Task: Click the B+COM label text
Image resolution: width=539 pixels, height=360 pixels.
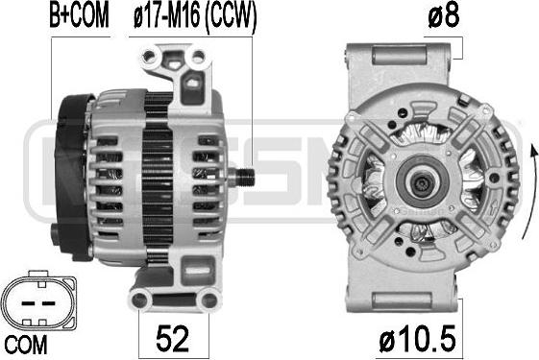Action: pyautogui.click(x=79, y=15)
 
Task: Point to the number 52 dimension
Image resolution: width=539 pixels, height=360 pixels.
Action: pyautogui.click(x=172, y=338)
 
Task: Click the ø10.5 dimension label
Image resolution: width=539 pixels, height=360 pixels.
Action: pyautogui.click(x=417, y=339)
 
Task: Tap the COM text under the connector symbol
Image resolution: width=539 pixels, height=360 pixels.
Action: pyautogui.click(x=25, y=345)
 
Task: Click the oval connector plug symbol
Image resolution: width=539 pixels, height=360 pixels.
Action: pyautogui.click(x=37, y=300)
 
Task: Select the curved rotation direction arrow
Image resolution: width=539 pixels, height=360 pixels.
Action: pyautogui.click(x=529, y=192)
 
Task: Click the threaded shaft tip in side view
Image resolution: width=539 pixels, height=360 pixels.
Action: pyautogui.click(x=246, y=177)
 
